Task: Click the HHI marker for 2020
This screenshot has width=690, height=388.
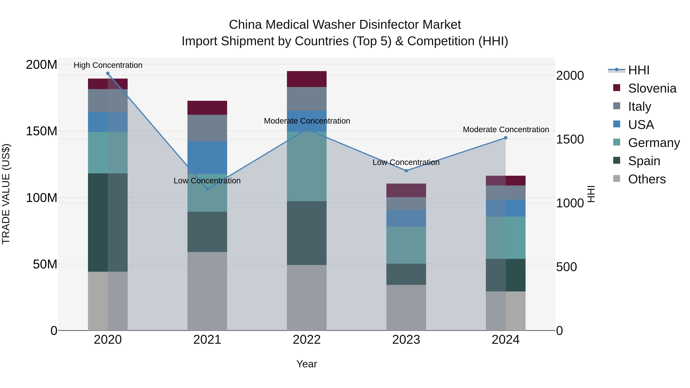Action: click(108, 73)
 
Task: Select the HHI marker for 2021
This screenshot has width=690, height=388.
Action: click(207, 189)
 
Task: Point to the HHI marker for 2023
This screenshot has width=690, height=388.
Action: click(406, 171)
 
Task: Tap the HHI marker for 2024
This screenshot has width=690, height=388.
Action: click(505, 138)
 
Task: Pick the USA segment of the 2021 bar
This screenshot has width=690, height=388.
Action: click(207, 157)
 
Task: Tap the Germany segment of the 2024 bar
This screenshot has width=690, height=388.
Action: click(505, 238)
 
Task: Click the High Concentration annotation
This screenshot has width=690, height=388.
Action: click(108, 65)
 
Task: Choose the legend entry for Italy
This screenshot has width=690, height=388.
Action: click(639, 107)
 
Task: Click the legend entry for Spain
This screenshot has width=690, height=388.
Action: click(644, 161)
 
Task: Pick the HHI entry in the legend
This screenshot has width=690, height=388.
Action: click(639, 70)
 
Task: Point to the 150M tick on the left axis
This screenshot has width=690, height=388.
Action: click(42, 131)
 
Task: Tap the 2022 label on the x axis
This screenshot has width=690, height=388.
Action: click(306, 340)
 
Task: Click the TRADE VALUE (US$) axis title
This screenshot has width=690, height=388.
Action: click(6, 194)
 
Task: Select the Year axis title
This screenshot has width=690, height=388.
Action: click(306, 364)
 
